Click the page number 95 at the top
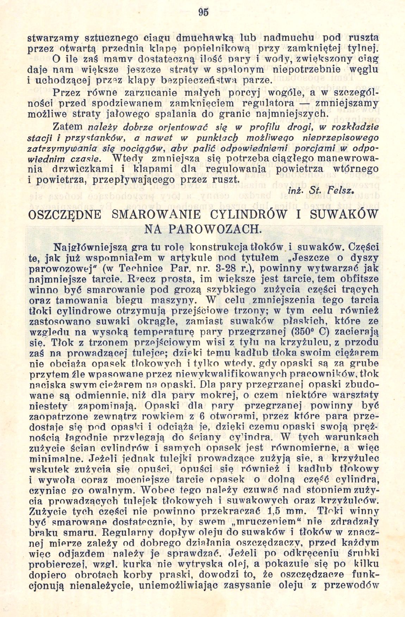(204, 12)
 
